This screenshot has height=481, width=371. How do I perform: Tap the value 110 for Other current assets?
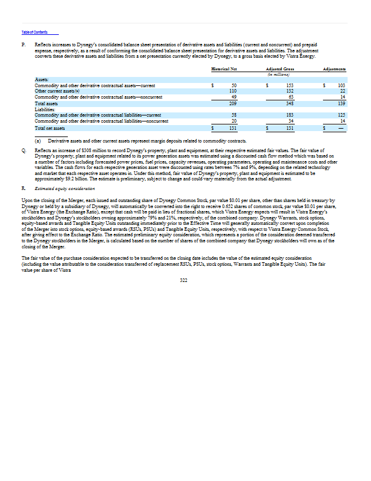(234, 91)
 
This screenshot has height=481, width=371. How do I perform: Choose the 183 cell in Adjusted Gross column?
(290, 114)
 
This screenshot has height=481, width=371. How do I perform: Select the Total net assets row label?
(49, 128)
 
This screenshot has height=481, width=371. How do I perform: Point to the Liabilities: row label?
(46, 109)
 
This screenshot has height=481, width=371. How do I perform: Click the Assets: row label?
(42, 78)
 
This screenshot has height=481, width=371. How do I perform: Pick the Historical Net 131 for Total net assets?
(234, 128)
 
